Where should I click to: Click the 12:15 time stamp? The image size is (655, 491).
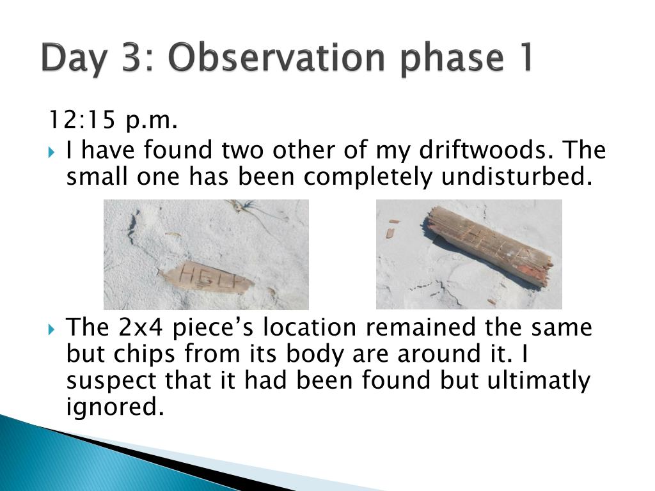pos(82,120)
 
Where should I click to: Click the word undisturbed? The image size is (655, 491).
pos(517,176)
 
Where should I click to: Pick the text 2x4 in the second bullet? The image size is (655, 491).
pos(141,327)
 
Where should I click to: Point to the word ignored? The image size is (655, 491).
pos(115,407)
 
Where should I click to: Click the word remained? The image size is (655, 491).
pos(421,327)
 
